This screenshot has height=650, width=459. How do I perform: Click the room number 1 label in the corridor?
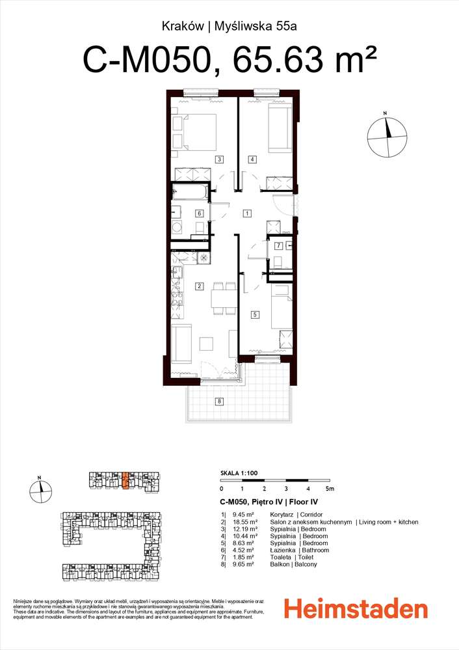coord(247,213)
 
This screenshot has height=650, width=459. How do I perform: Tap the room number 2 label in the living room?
coord(199,286)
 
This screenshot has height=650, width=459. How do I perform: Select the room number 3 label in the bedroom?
coord(219,159)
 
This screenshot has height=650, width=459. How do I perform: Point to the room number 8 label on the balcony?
coord(219,401)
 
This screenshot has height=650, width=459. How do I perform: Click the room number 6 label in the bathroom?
coord(199,213)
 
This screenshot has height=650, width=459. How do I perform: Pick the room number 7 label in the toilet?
coord(279,246)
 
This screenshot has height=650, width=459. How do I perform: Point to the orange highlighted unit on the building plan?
coord(125,480)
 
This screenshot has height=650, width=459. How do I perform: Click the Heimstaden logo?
coord(356,610)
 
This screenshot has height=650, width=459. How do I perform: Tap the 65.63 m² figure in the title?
coord(304,59)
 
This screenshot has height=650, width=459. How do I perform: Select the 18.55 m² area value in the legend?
coord(245,522)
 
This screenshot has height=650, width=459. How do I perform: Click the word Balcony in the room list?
coord(306,564)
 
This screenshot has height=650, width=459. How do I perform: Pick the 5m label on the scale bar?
coord(330,489)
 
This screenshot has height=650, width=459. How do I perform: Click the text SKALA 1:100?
coord(239,473)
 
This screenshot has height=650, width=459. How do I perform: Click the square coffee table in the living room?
coord(206,344)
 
